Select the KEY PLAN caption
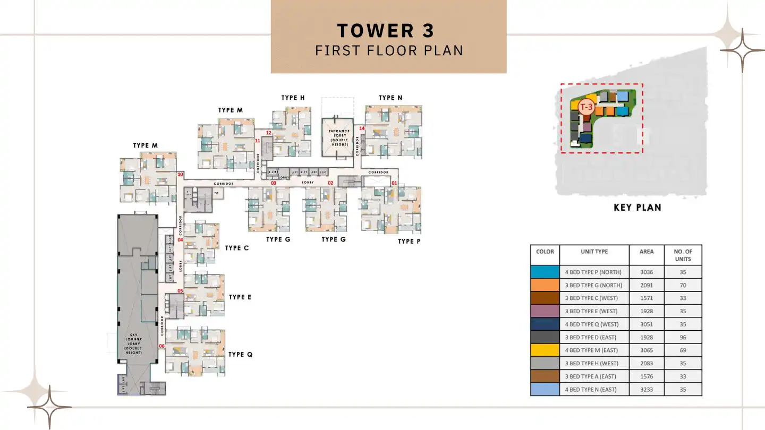tap(637, 208)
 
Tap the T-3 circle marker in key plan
tap(586, 107)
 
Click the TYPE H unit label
tap(293, 98)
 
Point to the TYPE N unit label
tap(390, 98)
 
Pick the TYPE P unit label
tap(409, 242)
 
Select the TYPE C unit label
tap(237, 248)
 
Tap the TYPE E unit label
tap(240, 297)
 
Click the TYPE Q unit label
tap(240, 355)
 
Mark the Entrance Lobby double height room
tap(339, 137)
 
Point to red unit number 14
tap(362, 128)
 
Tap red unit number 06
tap(162, 346)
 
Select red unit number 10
tap(181, 174)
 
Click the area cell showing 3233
tap(647, 389)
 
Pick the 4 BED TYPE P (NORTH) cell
tap(594, 272)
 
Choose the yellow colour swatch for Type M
tap(545, 350)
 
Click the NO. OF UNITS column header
tap(683, 255)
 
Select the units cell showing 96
tap(683, 337)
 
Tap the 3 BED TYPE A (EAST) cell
tap(594, 376)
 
